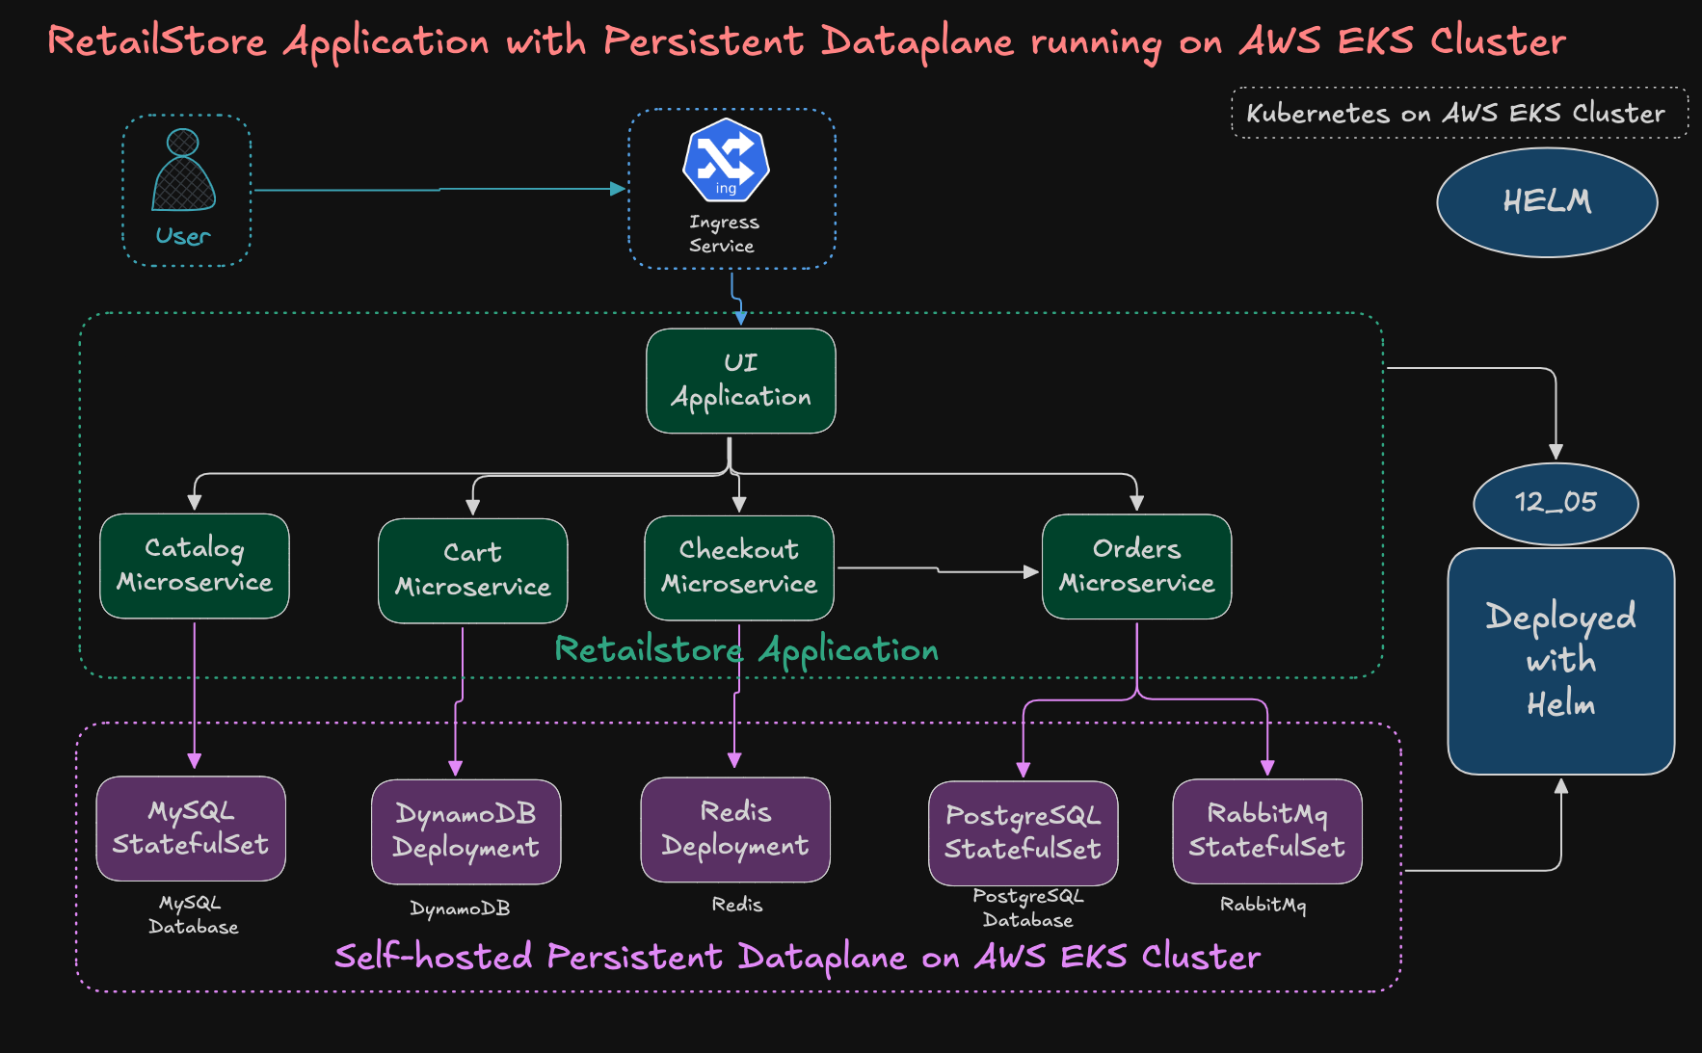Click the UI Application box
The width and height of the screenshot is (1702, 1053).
coord(740,382)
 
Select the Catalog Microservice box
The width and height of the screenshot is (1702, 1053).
coord(194,566)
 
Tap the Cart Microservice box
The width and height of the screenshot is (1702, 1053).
coord(472,570)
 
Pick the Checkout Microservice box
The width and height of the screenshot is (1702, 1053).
coord(738,567)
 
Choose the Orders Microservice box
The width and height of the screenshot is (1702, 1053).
coord(1136,566)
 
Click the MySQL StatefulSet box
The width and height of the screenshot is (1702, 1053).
coord(191,829)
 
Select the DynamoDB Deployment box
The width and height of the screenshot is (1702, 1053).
coord(465,832)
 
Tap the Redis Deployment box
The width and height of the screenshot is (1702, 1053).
coord(735,829)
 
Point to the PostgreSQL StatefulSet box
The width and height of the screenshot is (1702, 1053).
coord(1023,833)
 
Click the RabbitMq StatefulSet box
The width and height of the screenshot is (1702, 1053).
coord(1266,831)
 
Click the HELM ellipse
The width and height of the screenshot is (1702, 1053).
coord(1547,202)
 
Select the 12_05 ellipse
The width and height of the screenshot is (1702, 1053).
coord(1556,503)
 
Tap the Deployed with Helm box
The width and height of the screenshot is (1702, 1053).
coord(1560,661)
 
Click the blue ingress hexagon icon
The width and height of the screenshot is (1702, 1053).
coord(726,160)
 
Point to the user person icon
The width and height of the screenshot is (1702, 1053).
coord(183,171)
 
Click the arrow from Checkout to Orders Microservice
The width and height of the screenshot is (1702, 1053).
coord(937,570)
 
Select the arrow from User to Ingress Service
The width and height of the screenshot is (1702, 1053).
coord(439,190)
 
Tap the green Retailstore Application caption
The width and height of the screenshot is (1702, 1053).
coord(746,650)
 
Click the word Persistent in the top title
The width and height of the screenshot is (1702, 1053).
coord(703,41)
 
